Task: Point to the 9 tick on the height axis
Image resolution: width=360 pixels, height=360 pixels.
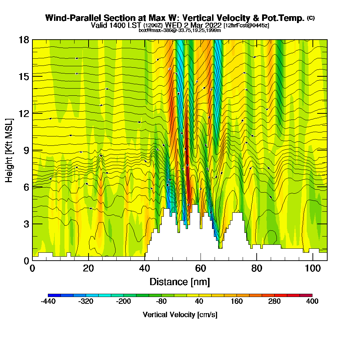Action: coord(32,150)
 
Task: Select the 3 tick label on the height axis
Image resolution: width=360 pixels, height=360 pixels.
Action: coord(26,224)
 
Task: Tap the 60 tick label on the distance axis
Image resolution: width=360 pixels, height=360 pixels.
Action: coord(201,268)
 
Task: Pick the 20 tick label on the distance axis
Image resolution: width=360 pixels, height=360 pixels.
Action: coord(88,268)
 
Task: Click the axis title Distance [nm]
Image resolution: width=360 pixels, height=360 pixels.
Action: coord(180,282)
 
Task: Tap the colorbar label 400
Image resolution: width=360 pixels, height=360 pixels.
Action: coord(312,302)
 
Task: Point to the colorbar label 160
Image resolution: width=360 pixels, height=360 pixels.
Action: coord(237,302)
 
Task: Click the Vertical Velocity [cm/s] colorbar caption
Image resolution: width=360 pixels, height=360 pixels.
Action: coord(180,315)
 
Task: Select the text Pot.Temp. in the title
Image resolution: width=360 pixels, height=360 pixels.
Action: coord(287,18)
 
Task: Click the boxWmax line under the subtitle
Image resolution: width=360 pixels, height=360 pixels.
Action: coord(180,30)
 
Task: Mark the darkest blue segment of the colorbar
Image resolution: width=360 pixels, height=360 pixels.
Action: coord(54,295)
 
